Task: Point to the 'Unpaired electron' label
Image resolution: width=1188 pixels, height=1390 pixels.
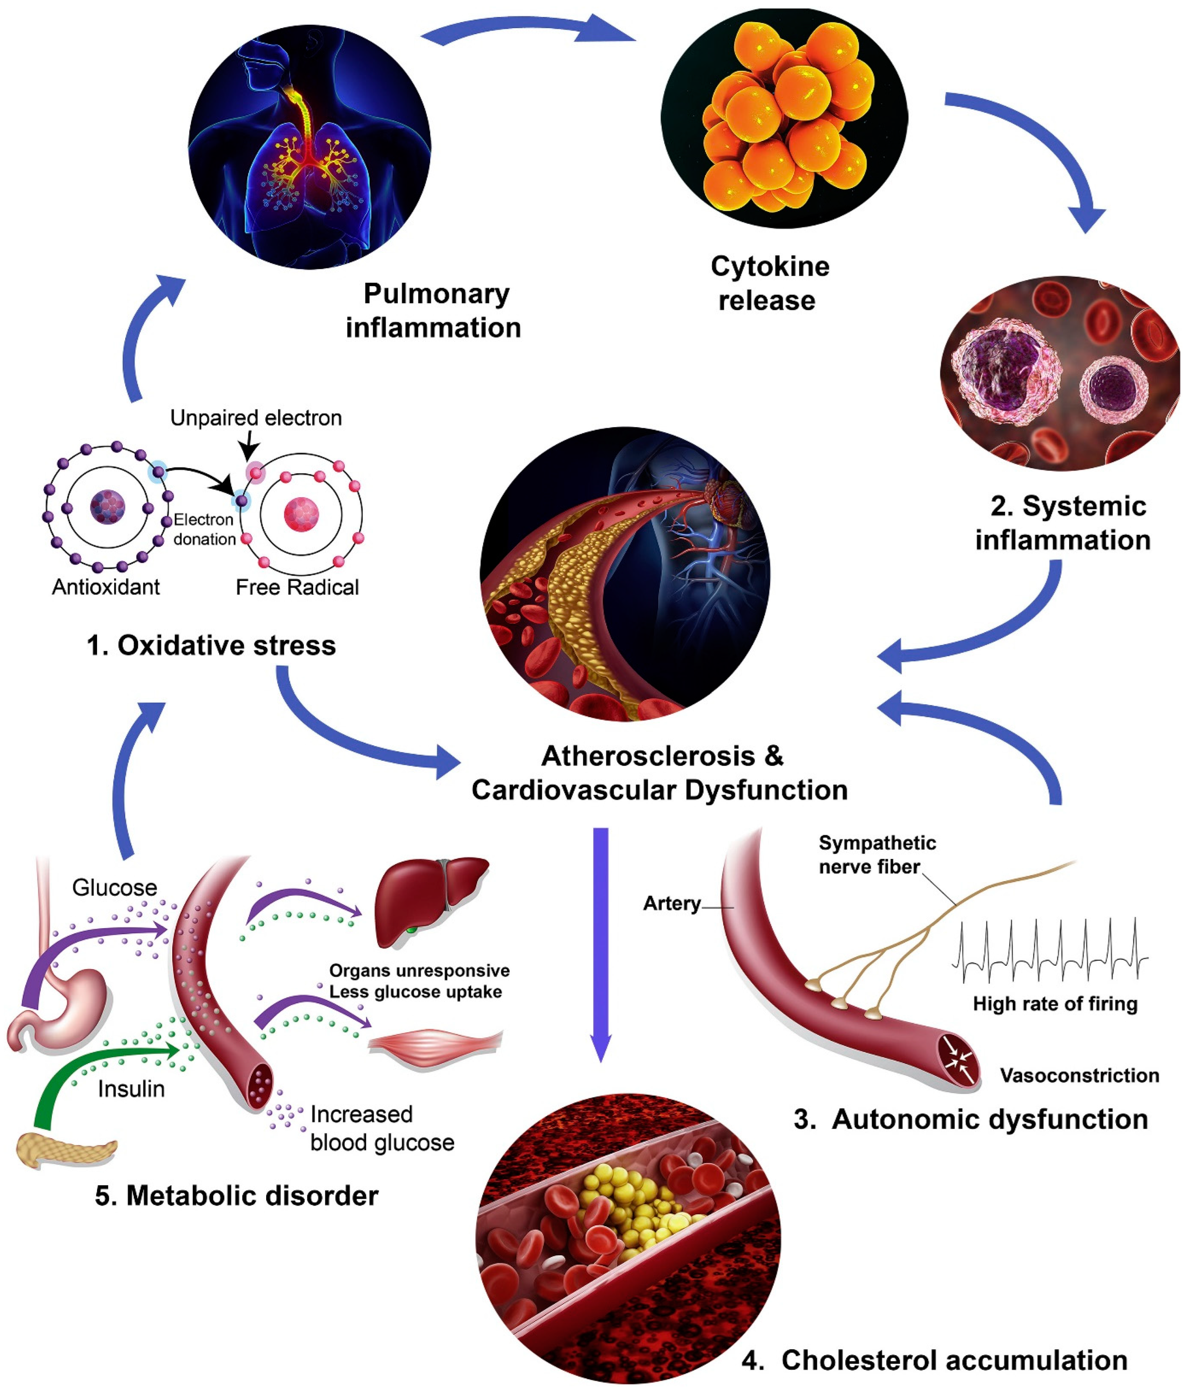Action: (256, 418)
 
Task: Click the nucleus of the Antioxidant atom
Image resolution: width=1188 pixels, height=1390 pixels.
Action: (107, 507)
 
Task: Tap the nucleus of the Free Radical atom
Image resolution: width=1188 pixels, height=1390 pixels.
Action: (301, 514)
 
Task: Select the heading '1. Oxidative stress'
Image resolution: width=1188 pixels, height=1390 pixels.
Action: (211, 645)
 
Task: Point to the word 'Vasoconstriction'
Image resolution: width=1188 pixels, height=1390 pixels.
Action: (1079, 1076)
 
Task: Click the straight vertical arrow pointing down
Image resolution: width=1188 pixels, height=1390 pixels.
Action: (600, 939)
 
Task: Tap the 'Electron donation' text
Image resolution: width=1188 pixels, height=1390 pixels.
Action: (204, 528)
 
